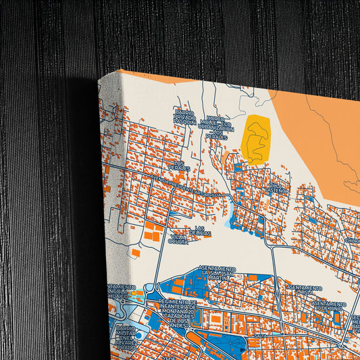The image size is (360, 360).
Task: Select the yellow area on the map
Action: tap(255, 138)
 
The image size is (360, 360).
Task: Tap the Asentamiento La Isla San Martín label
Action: tap(216, 274)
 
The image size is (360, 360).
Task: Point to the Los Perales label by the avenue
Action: tap(180, 165)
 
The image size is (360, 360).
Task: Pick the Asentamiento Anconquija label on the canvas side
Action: tap(118, 291)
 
